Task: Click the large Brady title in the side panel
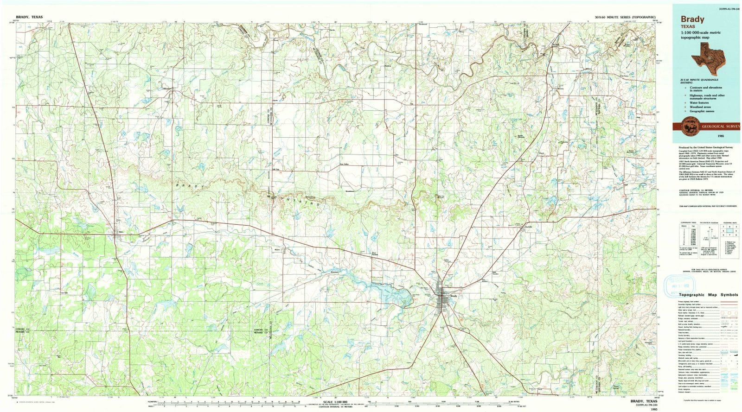692,19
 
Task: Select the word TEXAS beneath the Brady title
687,27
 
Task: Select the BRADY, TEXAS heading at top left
29,17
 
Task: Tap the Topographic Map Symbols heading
708,295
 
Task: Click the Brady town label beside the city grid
454,296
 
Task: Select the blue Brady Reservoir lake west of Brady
390,293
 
